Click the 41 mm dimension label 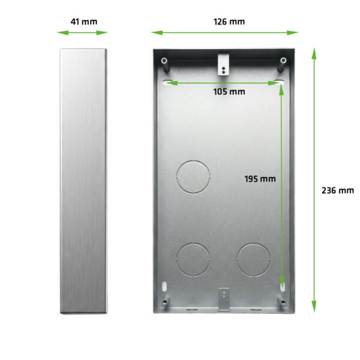click(x=83, y=22)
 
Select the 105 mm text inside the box click(x=229, y=92)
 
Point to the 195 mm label click(x=260, y=178)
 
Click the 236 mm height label click(x=338, y=190)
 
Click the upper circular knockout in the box click(x=193, y=176)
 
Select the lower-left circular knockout click(x=193, y=260)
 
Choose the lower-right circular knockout click(x=253, y=260)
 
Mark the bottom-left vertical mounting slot click(x=165, y=286)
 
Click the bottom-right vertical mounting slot click(x=281, y=286)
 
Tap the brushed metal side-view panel click(x=83, y=180)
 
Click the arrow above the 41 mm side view click(x=83, y=33)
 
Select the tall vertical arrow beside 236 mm click(x=313, y=180)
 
